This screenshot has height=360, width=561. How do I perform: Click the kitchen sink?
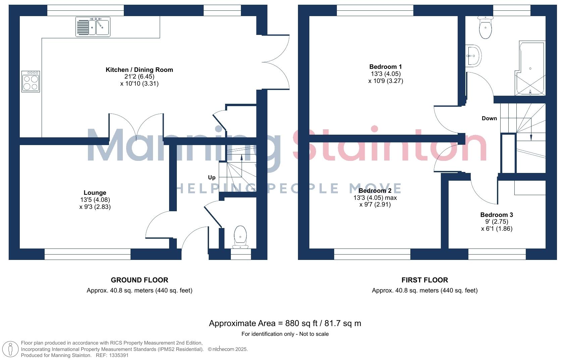click(x=93, y=27)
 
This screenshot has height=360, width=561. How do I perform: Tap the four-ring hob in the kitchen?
click(x=31, y=82)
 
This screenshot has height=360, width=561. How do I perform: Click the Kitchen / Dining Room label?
click(x=139, y=70)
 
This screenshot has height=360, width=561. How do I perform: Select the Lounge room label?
click(x=95, y=193)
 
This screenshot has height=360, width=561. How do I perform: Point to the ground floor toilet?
click(x=240, y=236)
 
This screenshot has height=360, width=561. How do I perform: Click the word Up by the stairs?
click(x=212, y=177)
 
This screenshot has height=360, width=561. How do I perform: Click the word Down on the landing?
click(x=489, y=118)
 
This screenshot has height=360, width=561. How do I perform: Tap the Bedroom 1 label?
click(x=386, y=67)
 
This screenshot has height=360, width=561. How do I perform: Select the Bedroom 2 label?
click(x=375, y=191)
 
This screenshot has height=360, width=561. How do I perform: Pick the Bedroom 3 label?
click(x=497, y=215)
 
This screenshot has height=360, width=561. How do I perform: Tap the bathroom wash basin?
click(x=474, y=55)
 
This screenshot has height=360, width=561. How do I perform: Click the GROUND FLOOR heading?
click(x=140, y=280)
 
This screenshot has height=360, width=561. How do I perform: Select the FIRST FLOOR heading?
click(x=424, y=280)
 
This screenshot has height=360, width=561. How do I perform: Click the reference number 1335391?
click(x=117, y=355)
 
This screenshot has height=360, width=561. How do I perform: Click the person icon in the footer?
click(x=11, y=349)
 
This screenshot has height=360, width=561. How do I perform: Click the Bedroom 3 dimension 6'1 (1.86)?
click(x=497, y=229)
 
